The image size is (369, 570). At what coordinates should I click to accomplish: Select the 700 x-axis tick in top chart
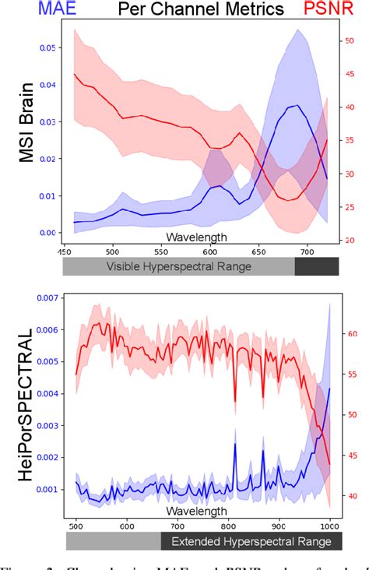tap(307, 252)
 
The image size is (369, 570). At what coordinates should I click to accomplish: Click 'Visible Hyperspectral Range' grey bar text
tap(179, 266)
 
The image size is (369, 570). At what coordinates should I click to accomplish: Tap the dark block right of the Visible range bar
tap(317, 266)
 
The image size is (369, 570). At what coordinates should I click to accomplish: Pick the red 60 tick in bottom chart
tap(350, 334)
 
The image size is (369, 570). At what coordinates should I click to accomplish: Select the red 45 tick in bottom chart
tap(350, 455)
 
